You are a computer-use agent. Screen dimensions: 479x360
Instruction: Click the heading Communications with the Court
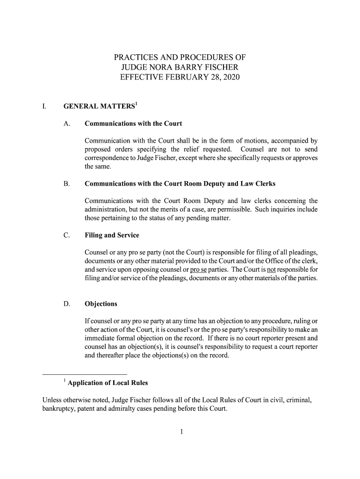133,124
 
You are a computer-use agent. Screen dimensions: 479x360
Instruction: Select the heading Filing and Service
112,235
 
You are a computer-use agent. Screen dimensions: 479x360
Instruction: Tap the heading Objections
101,304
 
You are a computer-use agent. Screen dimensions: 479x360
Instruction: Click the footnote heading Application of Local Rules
108,383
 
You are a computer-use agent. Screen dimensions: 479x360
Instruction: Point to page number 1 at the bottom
180,432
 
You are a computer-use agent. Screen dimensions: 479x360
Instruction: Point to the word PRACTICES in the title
136,58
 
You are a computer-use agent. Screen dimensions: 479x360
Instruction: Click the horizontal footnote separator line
85,375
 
